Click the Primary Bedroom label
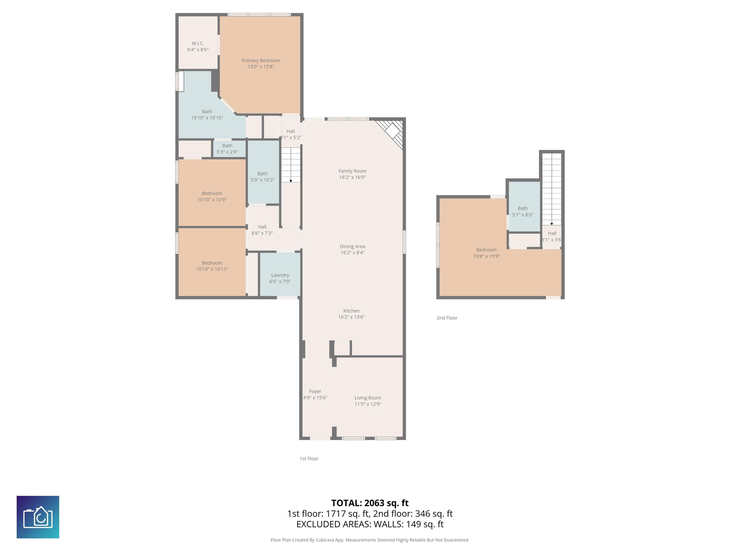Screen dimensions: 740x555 (x=261, y=60)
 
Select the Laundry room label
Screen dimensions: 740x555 (x=280, y=275)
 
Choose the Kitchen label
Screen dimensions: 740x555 (x=351, y=311)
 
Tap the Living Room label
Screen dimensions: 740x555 (x=368, y=398)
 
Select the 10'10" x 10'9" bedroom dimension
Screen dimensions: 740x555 (x=212, y=200)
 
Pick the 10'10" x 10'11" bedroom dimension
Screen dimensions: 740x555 (x=212, y=269)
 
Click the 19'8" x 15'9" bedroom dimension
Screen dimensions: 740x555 (x=486, y=256)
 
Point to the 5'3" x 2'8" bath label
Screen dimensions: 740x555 (x=227, y=152)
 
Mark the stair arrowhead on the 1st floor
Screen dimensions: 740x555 (x=291, y=181)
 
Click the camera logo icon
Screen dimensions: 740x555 (x=38, y=517)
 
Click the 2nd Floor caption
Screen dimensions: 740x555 (x=447, y=318)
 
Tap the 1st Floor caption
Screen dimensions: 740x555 (x=309, y=459)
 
